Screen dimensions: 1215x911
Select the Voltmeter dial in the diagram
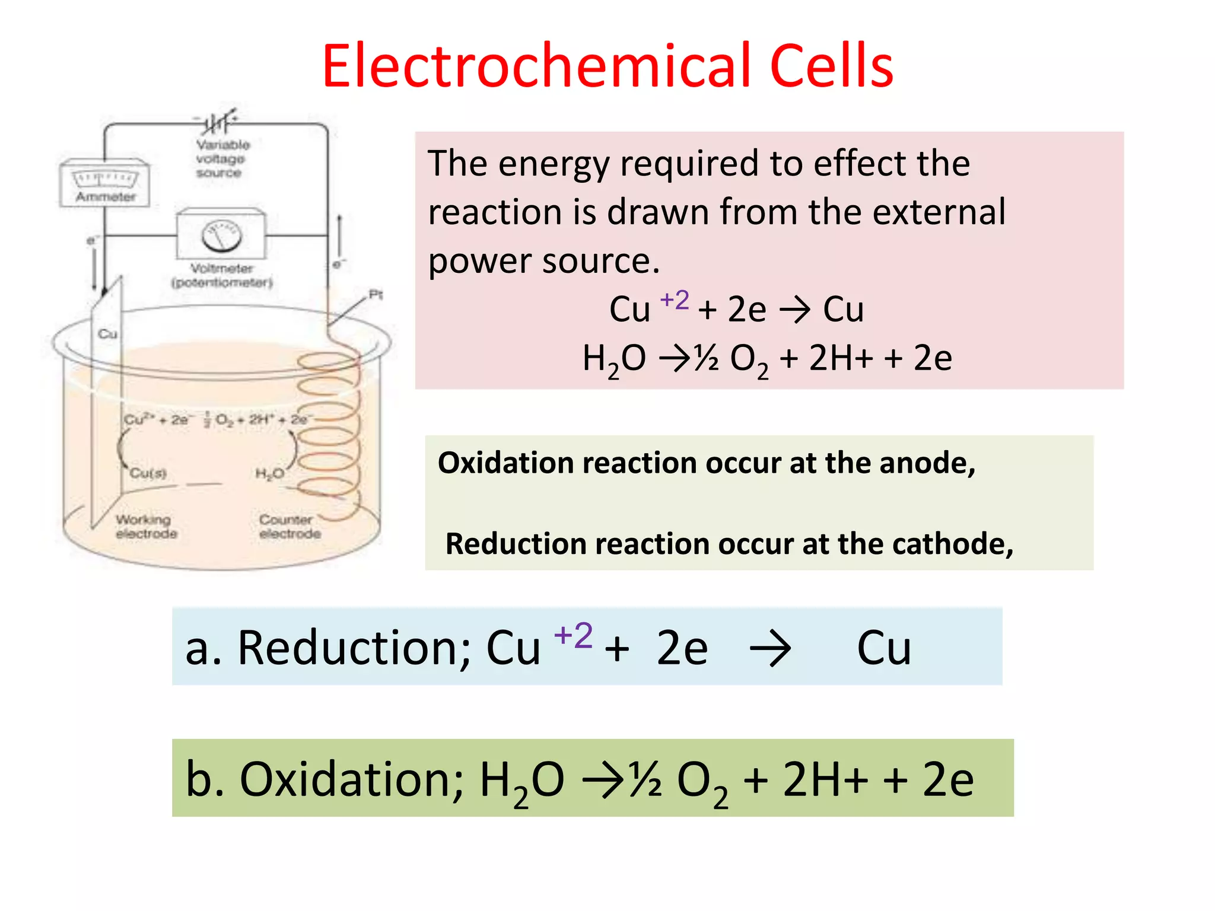[221, 236]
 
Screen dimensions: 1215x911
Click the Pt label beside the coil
[376, 294]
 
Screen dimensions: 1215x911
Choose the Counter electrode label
[290, 527]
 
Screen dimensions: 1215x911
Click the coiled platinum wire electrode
[329, 427]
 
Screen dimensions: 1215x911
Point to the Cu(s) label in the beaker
[148, 473]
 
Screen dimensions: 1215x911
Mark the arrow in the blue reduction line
[770, 649]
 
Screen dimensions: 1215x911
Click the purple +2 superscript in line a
[573, 635]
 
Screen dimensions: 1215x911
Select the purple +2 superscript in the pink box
[675, 300]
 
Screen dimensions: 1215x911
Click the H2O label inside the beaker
[269, 473]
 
